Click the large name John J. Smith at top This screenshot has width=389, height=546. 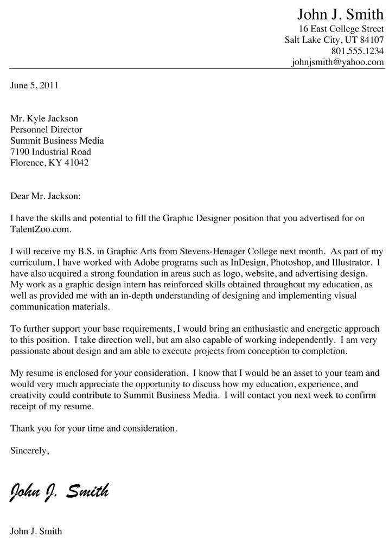click(340, 14)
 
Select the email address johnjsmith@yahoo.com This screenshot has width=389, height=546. click(337, 62)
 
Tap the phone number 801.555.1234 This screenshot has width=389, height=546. click(357, 50)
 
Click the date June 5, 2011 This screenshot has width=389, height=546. click(34, 85)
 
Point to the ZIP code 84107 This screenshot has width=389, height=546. click(371, 39)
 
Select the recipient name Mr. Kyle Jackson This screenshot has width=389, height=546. click(44, 118)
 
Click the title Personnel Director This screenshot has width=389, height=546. click(47, 130)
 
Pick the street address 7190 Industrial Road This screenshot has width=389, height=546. click(51, 151)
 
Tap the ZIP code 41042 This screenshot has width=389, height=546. click(75, 162)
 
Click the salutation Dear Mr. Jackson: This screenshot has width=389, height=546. click(45, 196)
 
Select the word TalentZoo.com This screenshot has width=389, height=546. click(40, 229)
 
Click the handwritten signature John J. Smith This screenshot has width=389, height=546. click(59, 491)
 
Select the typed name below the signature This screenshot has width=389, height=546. click(36, 531)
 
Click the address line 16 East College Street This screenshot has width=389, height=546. click(341, 28)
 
